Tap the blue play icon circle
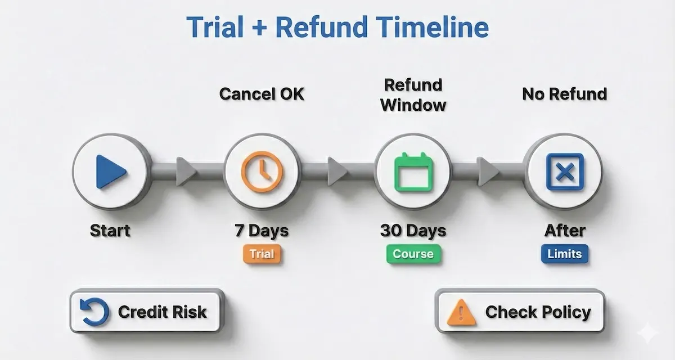tap(111, 171)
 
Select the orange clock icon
tap(261, 170)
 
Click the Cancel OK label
tap(262, 93)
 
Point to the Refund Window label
tap(413, 94)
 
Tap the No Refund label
tap(564, 93)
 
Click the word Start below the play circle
tap(110, 230)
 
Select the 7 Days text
tap(261, 230)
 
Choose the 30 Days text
tap(413, 230)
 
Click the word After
tap(564, 230)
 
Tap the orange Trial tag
tap(262, 254)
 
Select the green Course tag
tap(413, 254)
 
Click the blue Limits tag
tap(564, 254)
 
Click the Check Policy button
tap(520, 312)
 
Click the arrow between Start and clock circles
tap(185, 169)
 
